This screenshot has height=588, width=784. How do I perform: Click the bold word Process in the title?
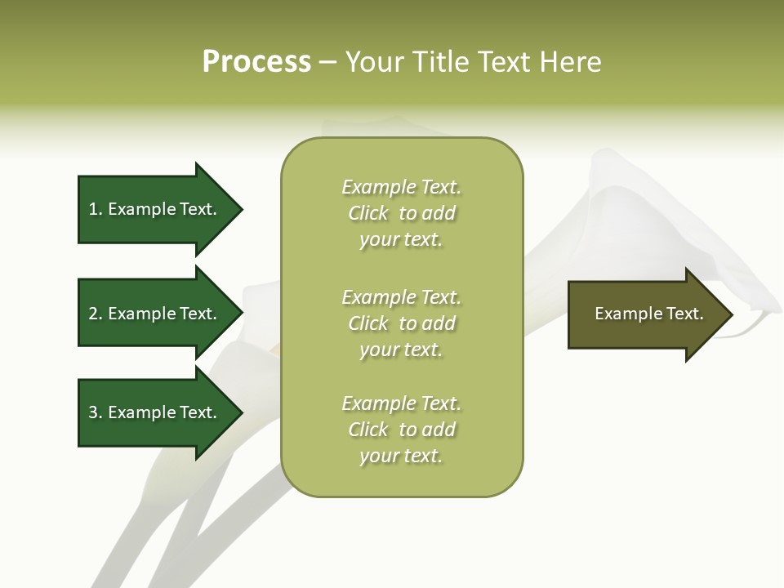click(256, 62)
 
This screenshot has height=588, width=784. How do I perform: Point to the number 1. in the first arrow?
click(96, 209)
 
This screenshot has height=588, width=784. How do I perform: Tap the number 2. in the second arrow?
click(96, 314)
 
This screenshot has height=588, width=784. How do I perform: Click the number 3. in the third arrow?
click(96, 412)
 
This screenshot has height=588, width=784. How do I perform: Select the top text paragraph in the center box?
click(402, 213)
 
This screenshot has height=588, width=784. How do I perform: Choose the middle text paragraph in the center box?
click(402, 323)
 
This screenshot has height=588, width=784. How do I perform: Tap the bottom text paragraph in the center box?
click(402, 430)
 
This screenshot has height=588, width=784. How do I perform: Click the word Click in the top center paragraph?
click(368, 213)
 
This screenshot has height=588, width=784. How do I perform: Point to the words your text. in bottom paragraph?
click(401, 456)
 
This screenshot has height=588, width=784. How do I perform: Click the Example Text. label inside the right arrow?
click(649, 314)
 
